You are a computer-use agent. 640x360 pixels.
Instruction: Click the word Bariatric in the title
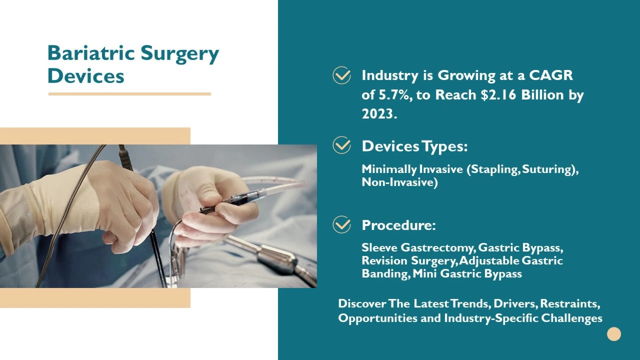point(91,53)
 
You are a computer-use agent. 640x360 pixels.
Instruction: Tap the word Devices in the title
point(86,76)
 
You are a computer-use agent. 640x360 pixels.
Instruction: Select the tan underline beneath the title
point(130,94)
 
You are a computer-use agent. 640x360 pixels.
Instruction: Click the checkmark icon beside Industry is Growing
point(342,75)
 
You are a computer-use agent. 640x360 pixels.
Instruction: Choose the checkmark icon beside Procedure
point(342,224)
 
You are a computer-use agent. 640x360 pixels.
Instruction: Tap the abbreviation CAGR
point(551,75)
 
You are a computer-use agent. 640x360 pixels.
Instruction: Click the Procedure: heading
point(399,225)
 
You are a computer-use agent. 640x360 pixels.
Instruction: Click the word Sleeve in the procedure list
point(379,248)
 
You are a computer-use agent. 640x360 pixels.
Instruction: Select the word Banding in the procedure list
point(385,274)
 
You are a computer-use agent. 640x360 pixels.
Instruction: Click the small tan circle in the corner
point(614,334)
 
